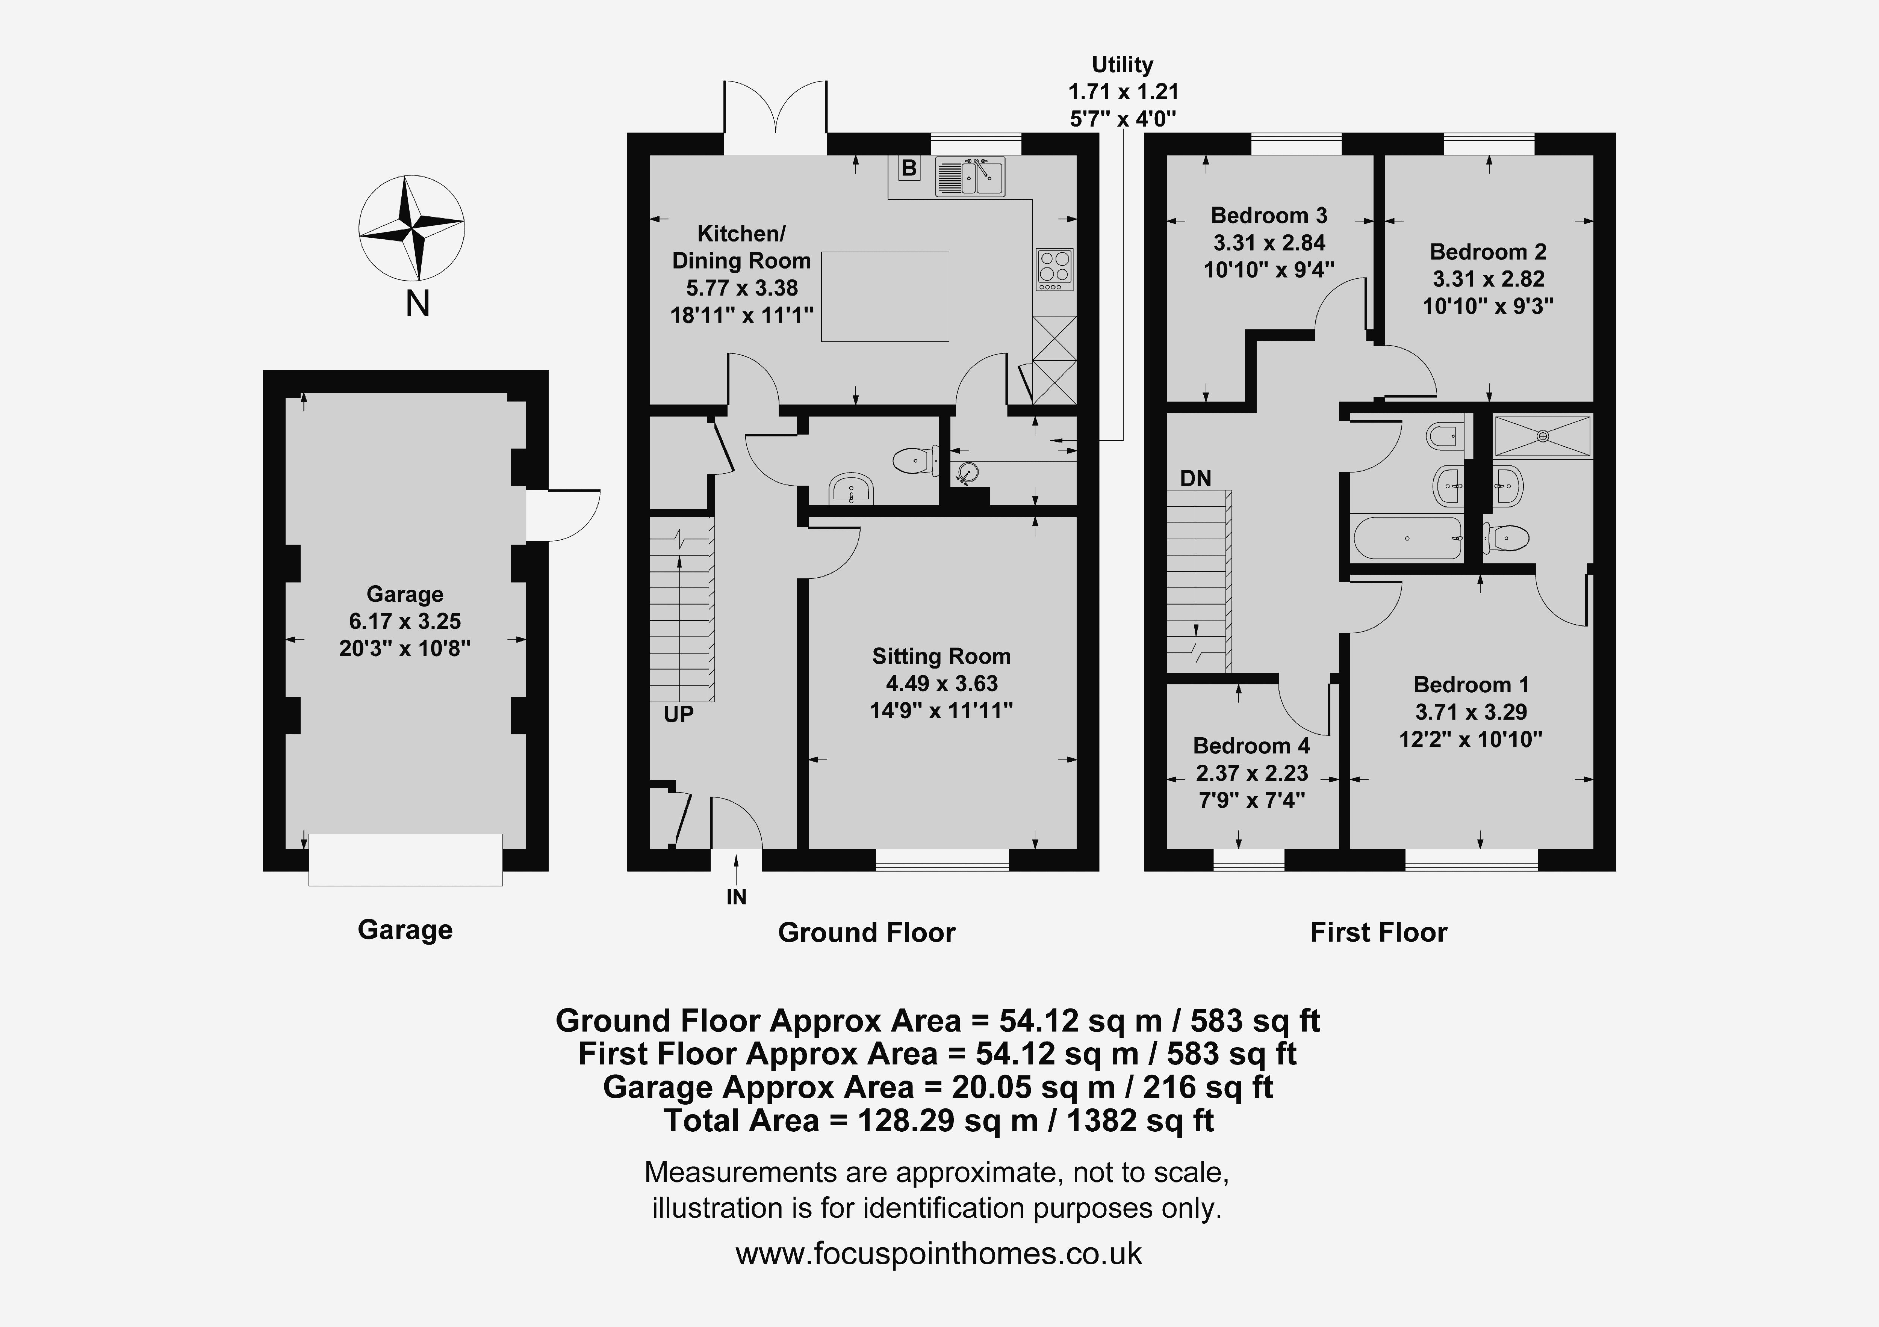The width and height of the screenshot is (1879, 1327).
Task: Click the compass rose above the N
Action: tap(412, 228)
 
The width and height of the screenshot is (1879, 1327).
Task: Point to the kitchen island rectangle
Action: tap(885, 296)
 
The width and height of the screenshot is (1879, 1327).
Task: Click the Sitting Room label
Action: tap(941, 656)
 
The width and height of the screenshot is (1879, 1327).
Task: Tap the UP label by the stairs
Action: tap(678, 714)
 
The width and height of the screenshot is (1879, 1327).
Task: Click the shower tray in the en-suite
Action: tap(1543, 435)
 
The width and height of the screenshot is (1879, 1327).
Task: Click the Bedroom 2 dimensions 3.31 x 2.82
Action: tap(1489, 279)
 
